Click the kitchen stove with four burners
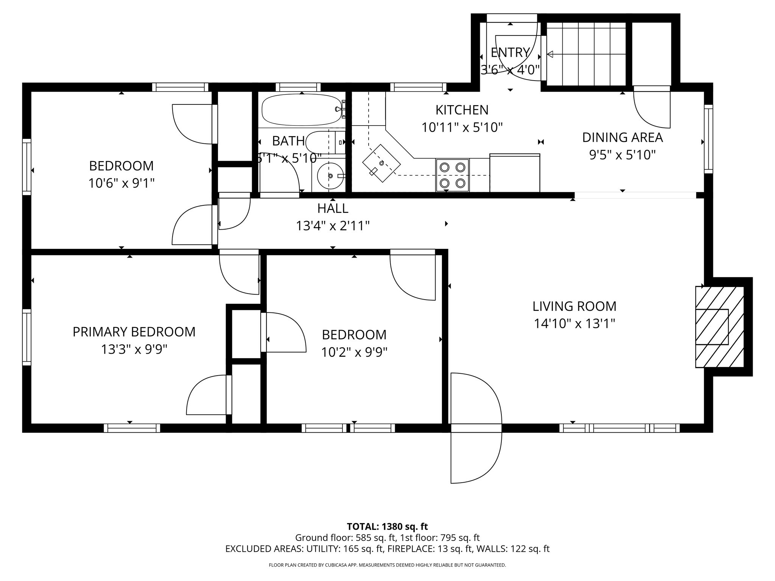click(x=452, y=175)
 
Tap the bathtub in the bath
click(x=302, y=110)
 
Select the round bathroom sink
click(x=330, y=176)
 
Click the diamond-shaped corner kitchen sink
click(x=381, y=163)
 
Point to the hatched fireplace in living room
click(x=719, y=327)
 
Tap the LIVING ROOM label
click(x=574, y=306)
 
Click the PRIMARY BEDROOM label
click(x=134, y=332)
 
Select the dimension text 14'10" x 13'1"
click(x=574, y=324)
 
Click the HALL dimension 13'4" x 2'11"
click(x=332, y=226)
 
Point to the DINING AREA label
click(x=622, y=137)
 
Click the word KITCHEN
click(x=462, y=110)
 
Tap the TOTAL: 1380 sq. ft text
click(x=387, y=527)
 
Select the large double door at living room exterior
click(x=476, y=428)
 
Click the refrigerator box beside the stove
click(x=515, y=173)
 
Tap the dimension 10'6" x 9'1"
click(x=121, y=183)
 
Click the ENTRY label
click(x=510, y=53)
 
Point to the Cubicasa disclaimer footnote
click(x=387, y=565)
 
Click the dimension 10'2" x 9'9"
click(x=354, y=353)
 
